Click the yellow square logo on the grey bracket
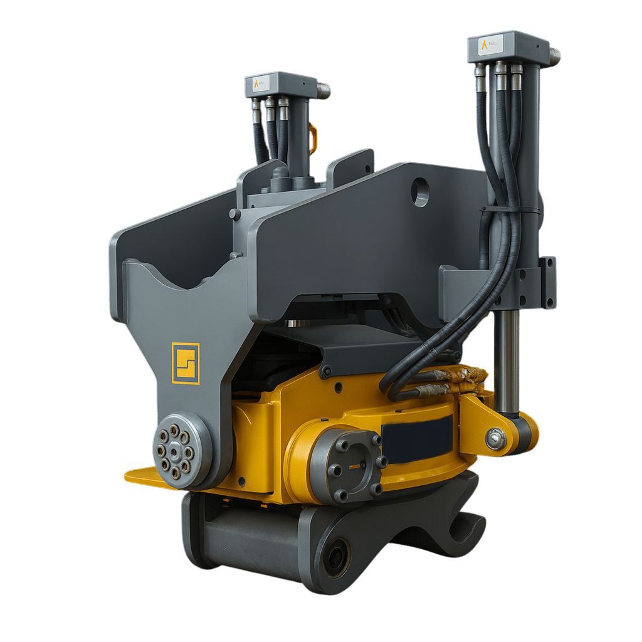point(186,363)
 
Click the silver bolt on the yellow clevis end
point(495,439)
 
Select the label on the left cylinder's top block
point(260,83)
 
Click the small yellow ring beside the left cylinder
point(313,139)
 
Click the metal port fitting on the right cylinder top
point(554,56)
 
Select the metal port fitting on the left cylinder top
point(323,90)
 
